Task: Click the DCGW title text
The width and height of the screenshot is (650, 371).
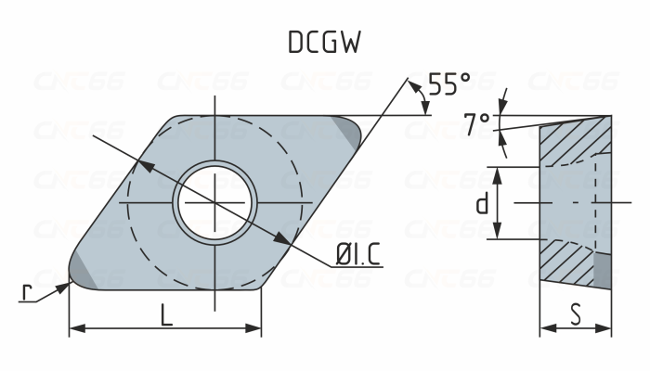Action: (x=324, y=43)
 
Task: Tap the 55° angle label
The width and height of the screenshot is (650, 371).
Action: (x=449, y=85)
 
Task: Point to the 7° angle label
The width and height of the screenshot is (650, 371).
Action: (x=476, y=122)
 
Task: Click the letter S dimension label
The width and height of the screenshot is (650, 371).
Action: (x=576, y=314)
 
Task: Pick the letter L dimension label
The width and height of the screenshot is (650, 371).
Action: (x=165, y=315)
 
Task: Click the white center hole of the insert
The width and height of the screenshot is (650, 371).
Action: (x=216, y=201)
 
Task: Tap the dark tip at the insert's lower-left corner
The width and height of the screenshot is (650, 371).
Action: (x=81, y=274)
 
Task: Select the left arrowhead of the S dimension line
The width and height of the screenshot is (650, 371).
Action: (x=546, y=327)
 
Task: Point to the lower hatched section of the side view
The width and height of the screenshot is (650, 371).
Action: (x=566, y=264)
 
